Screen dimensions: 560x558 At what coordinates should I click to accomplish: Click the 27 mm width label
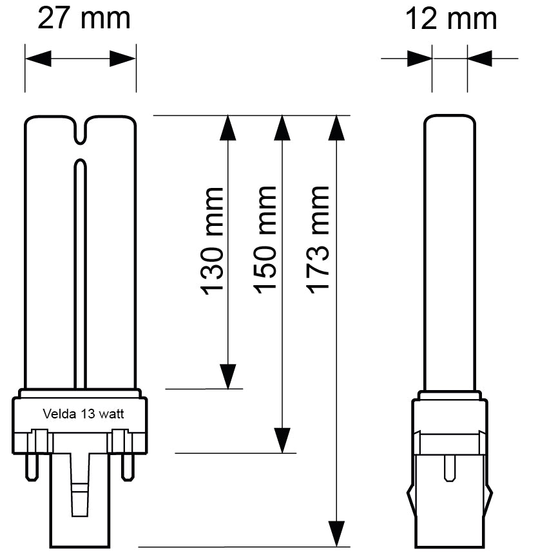click(x=84, y=18)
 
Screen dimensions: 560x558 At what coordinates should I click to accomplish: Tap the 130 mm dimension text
click(x=213, y=240)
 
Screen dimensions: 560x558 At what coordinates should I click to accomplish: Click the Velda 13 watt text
click(x=83, y=414)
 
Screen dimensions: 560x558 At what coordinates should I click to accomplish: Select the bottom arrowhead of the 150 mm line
click(x=282, y=441)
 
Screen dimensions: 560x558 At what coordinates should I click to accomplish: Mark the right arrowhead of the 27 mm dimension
click(x=122, y=59)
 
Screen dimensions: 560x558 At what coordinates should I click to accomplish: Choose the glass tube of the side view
click(x=450, y=251)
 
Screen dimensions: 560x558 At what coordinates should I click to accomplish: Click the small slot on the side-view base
click(x=450, y=469)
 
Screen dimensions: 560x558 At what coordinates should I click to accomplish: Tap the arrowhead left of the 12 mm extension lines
click(x=419, y=59)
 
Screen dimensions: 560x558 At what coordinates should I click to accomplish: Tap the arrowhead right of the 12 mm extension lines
click(x=479, y=59)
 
